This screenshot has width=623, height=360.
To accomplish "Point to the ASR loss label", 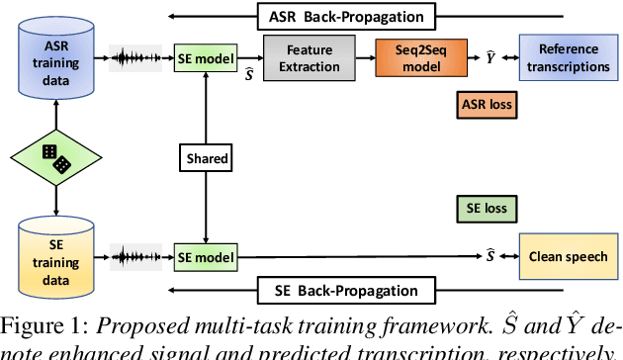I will pos(489,102).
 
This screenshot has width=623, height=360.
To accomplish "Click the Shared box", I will pos(205,157).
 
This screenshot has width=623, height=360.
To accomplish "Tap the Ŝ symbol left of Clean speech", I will pos(490,256).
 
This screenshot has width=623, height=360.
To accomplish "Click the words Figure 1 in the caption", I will pos(42,325).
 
